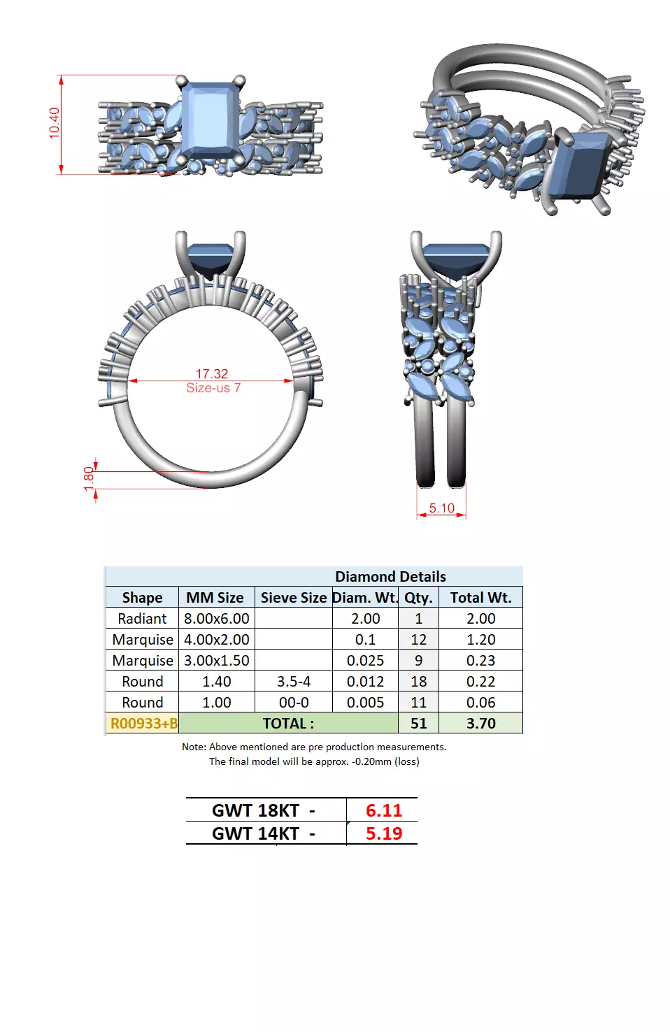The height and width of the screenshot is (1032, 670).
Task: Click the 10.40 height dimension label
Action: [55, 123]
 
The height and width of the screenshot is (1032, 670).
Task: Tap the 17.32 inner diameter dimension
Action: [211, 374]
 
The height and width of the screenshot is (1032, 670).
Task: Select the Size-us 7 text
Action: [213, 388]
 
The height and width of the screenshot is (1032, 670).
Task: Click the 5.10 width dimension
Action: [441, 508]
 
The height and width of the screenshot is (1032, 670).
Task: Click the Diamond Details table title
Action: [390, 577]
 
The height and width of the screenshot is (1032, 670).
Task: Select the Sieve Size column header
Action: [293, 598]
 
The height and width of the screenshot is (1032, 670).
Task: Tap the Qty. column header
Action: [418, 598]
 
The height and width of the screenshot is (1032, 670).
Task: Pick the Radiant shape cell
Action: [142, 619]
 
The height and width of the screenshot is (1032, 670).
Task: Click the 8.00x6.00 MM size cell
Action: [216, 619]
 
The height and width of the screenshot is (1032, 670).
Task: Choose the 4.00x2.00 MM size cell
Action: [216, 640]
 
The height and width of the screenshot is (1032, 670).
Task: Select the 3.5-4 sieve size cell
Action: [293, 682]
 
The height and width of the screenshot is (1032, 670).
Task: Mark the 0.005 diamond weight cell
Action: [365, 703]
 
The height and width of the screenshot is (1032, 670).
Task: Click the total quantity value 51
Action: [418, 724]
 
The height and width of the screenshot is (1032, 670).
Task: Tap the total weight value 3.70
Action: [480, 724]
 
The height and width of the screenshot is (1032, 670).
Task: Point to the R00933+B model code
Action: [143, 724]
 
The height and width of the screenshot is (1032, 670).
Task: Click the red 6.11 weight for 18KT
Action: [384, 810]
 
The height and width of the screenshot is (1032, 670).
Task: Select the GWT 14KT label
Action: [256, 833]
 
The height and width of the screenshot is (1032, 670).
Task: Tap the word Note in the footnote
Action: [193, 747]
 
